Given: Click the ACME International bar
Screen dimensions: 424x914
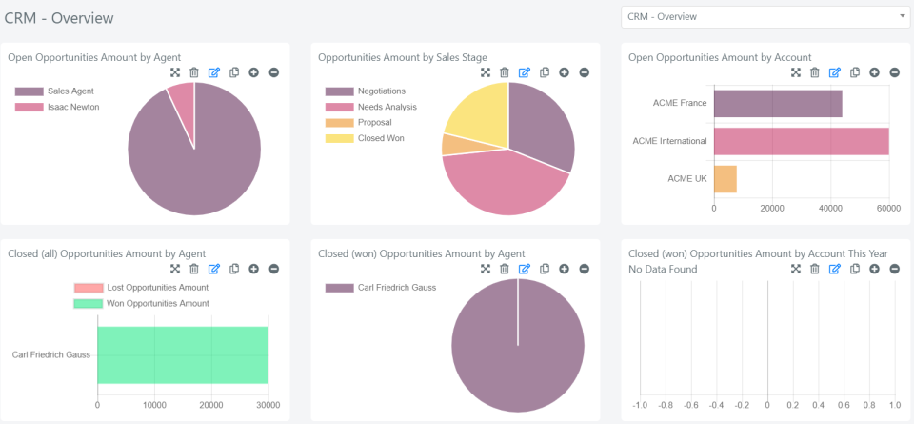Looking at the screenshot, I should pyautogui.click(x=801, y=141).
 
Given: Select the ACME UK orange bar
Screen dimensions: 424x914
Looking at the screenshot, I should pyautogui.click(x=725, y=179).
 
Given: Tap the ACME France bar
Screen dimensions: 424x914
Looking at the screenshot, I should pyautogui.click(x=778, y=104).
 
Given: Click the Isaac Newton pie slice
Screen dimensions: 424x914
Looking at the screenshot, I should pyautogui.click(x=182, y=101).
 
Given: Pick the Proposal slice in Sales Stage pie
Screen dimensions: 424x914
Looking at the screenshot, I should pyautogui.click(x=448, y=144).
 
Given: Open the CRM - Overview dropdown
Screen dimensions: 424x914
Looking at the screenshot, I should pyautogui.click(x=765, y=17).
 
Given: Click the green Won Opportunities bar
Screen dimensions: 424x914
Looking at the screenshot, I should pyautogui.click(x=183, y=355).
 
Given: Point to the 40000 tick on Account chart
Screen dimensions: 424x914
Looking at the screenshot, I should pyautogui.click(x=830, y=208).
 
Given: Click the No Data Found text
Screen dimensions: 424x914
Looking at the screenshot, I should pyautogui.click(x=663, y=270).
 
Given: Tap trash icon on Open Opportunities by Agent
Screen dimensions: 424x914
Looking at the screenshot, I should pyautogui.click(x=194, y=72).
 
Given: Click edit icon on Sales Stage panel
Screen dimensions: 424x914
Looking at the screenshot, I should pyautogui.click(x=525, y=72).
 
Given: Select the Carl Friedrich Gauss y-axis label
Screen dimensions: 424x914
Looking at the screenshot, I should pyautogui.click(x=52, y=355).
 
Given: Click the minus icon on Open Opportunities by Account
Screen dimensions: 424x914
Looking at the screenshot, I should pyautogui.click(x=894, y=72).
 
